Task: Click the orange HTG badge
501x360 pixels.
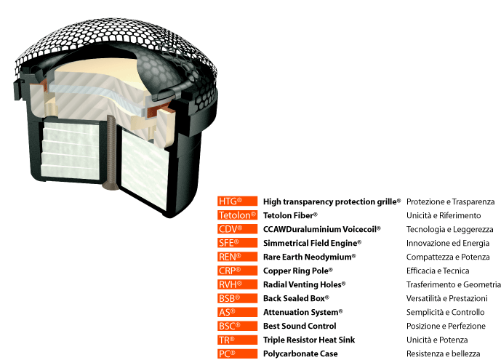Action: [x=237, y=201]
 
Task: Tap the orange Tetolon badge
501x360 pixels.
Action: [x=237, y=215]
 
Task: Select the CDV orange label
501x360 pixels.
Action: [x=237, y=229]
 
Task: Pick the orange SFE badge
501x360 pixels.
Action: [x=237, y=243]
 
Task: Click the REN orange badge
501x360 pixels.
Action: [x=237, y=257]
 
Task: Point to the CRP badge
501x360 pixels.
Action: [x=237, y=271]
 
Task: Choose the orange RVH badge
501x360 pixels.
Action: [x=237, y=284]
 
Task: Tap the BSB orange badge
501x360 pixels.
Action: [x=237, y=298]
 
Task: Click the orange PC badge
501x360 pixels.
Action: [x=237, y=353]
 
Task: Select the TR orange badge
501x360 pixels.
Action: [x=237, y=340]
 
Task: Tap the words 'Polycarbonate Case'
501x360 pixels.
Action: [x=300, y=354]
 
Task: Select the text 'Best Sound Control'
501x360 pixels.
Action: [x=300, y=326]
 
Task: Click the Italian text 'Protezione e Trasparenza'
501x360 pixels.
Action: [x=451, y=202]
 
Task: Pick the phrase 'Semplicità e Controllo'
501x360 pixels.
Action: [x=446, y=313]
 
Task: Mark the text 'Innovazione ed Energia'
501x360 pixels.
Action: [x=448, y=244]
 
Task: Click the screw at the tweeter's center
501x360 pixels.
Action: [x=111, y=153]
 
